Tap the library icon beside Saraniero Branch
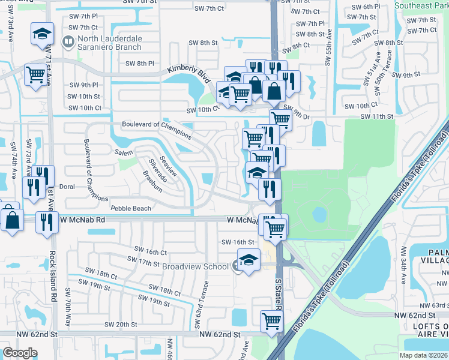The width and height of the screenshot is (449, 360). (67, 41)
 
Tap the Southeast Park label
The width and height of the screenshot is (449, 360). (421, 5)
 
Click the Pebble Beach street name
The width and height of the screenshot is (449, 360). (131, 208)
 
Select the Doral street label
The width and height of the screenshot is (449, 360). (67, 187)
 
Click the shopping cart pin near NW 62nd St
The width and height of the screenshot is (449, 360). (271, 321)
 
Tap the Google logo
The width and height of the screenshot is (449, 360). (20, 353)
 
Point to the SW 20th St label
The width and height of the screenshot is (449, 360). (121, 325)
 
